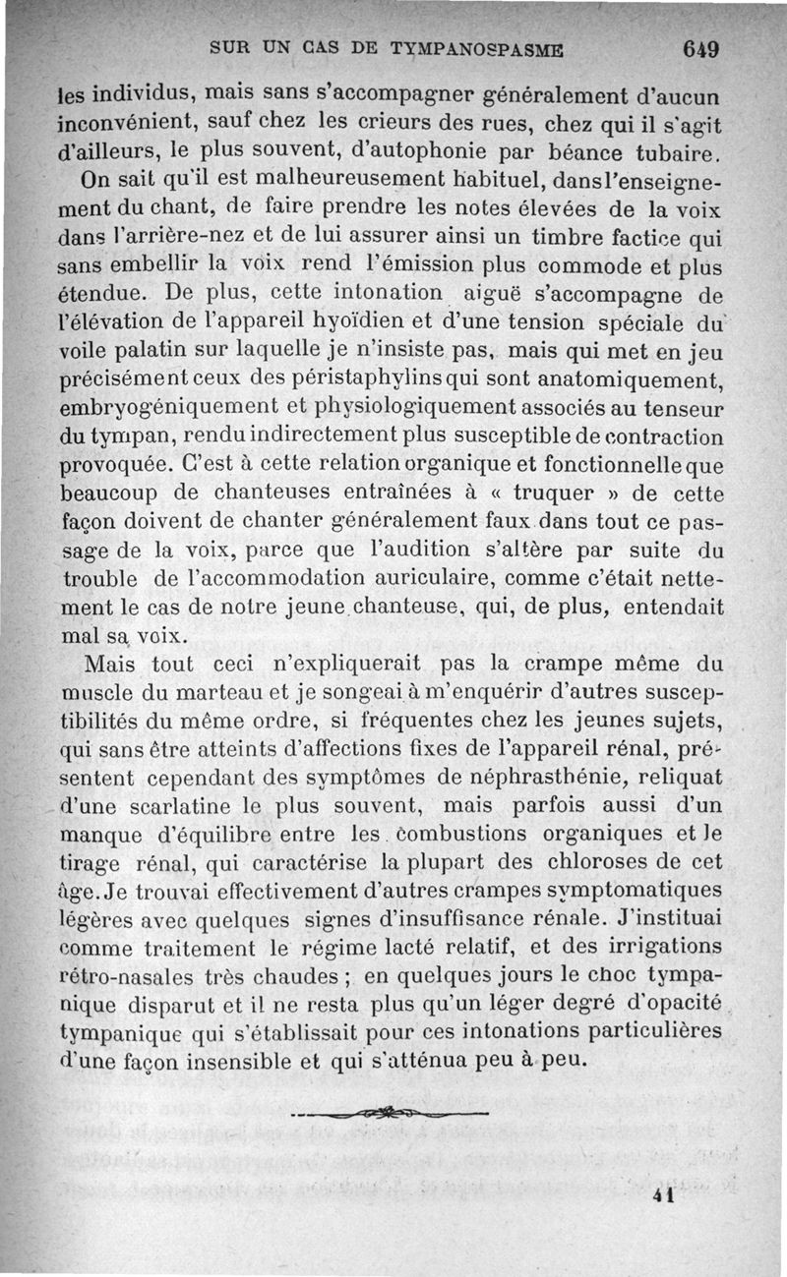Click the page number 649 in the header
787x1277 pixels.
(x=700, y=49)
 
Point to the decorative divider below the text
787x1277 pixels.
(x=391, y=1113)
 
